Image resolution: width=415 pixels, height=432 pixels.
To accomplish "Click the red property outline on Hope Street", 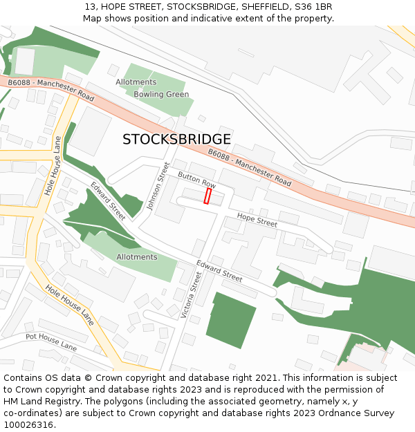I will click(207, 196).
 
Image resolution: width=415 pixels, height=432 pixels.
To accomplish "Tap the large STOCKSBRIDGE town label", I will click(176, 139).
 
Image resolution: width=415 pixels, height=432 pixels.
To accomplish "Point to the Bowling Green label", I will click(161, 95).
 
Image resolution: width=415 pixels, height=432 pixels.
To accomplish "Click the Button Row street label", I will click(197, 181).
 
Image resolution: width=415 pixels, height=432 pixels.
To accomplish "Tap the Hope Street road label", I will click(257, 220).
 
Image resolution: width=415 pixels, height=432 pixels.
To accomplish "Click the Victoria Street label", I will click(192, 294).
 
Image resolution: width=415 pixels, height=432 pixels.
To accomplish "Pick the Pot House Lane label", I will click(51, 341).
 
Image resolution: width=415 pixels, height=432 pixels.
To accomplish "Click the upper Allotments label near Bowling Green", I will click(136, 82).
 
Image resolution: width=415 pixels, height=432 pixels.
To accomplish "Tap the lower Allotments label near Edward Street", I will click(137, 257).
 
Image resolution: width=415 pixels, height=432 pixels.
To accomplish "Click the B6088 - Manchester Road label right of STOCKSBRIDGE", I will click(250, 167).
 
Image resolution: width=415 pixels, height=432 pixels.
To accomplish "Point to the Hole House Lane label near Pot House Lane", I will click(69, 305).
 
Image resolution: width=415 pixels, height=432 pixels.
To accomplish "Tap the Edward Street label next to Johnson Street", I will click(108, 200).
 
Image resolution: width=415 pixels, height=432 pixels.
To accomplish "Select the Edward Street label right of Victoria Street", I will click(219, 270).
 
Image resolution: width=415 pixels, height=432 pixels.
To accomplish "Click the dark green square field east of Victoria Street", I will click(230, 320).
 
